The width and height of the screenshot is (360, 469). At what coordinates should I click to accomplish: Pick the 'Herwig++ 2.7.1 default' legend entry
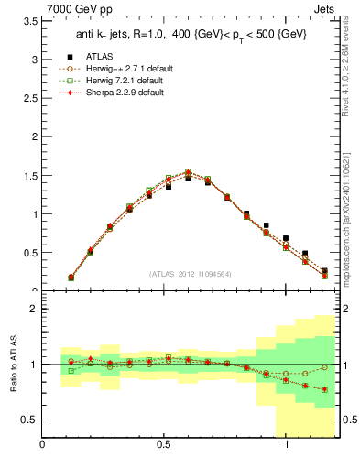(x=132, y=69)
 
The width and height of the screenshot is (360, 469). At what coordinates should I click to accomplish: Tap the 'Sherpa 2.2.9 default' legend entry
(x=126, y=93)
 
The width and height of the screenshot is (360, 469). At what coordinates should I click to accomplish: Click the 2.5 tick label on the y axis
(x=28, y=98)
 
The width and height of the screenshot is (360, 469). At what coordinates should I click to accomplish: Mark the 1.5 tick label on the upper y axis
(x=28, y=176)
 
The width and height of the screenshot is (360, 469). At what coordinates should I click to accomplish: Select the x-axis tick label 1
(x=287, y=445)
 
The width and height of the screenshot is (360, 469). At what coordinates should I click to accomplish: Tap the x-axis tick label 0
(x=42, y=445)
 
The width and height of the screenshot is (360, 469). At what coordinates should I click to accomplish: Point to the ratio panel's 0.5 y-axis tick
(x=28, y=420)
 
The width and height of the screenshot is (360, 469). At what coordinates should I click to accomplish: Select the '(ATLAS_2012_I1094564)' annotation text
(x=191, y=274)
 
